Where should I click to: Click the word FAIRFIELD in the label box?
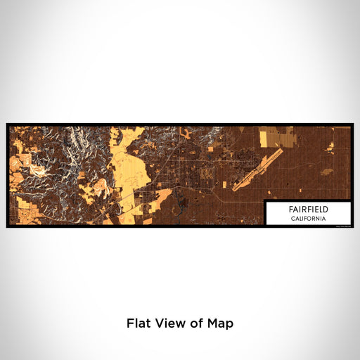[307, 210]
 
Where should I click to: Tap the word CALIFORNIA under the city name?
[307, 218]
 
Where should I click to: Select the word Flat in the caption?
[138, 323]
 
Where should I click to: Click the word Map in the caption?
[219, 323]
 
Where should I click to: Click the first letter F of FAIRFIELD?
[290, 210]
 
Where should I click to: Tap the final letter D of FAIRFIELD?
[326, 210]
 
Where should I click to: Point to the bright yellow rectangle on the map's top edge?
[271, 135]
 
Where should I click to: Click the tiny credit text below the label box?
[341, 225]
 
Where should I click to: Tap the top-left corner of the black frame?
[7, 124]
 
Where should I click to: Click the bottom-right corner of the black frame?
[352, 227]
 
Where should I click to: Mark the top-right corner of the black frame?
[352, 124]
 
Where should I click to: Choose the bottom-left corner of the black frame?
[7, 227]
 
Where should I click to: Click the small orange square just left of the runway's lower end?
[226, 184]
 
